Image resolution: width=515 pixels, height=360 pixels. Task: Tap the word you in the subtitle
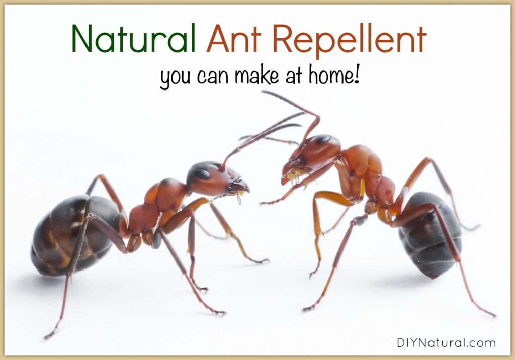tap(175, 79)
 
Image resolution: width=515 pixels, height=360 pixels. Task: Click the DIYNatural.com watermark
tap(446, 343)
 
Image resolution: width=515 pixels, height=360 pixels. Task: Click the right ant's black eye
tap(324, 139)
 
